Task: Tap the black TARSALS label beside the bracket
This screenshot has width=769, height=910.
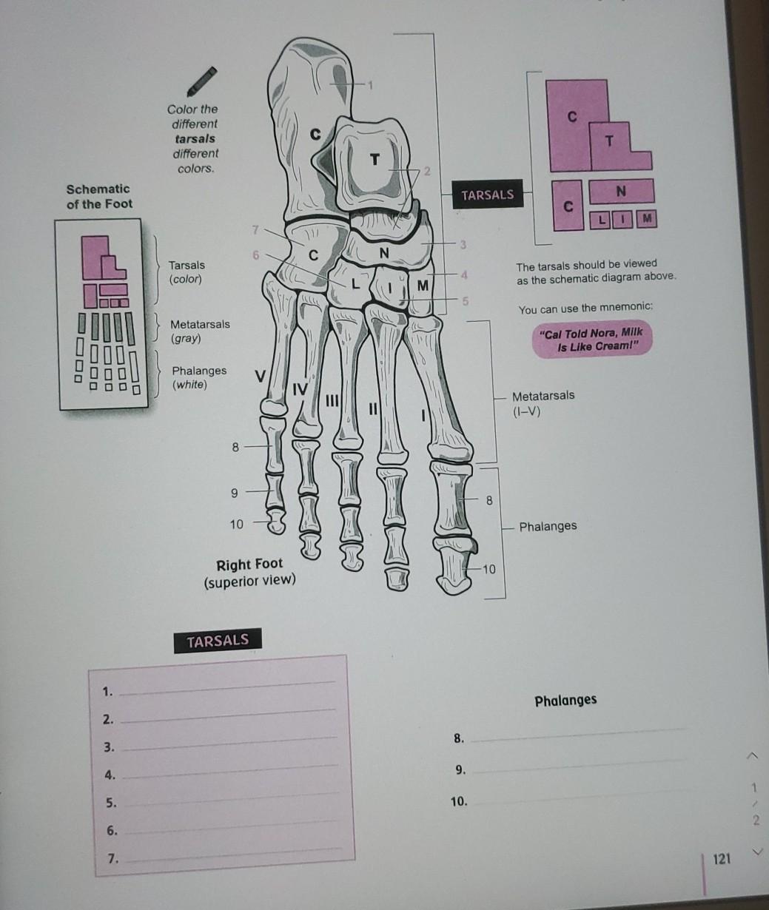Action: [487, 195]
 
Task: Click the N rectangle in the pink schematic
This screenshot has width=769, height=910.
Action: [620, 191]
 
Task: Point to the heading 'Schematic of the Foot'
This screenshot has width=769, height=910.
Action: [98, 196]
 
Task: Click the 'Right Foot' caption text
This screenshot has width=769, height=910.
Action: [249, 565]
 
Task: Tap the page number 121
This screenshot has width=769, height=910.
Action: [722, 859]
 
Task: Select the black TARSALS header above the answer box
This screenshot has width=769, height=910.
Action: [218, 641]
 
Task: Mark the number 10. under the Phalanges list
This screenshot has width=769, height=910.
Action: [458, 801]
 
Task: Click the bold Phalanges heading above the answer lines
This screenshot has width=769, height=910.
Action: [565, 700]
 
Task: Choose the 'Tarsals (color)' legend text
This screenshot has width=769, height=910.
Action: [187, 272]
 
